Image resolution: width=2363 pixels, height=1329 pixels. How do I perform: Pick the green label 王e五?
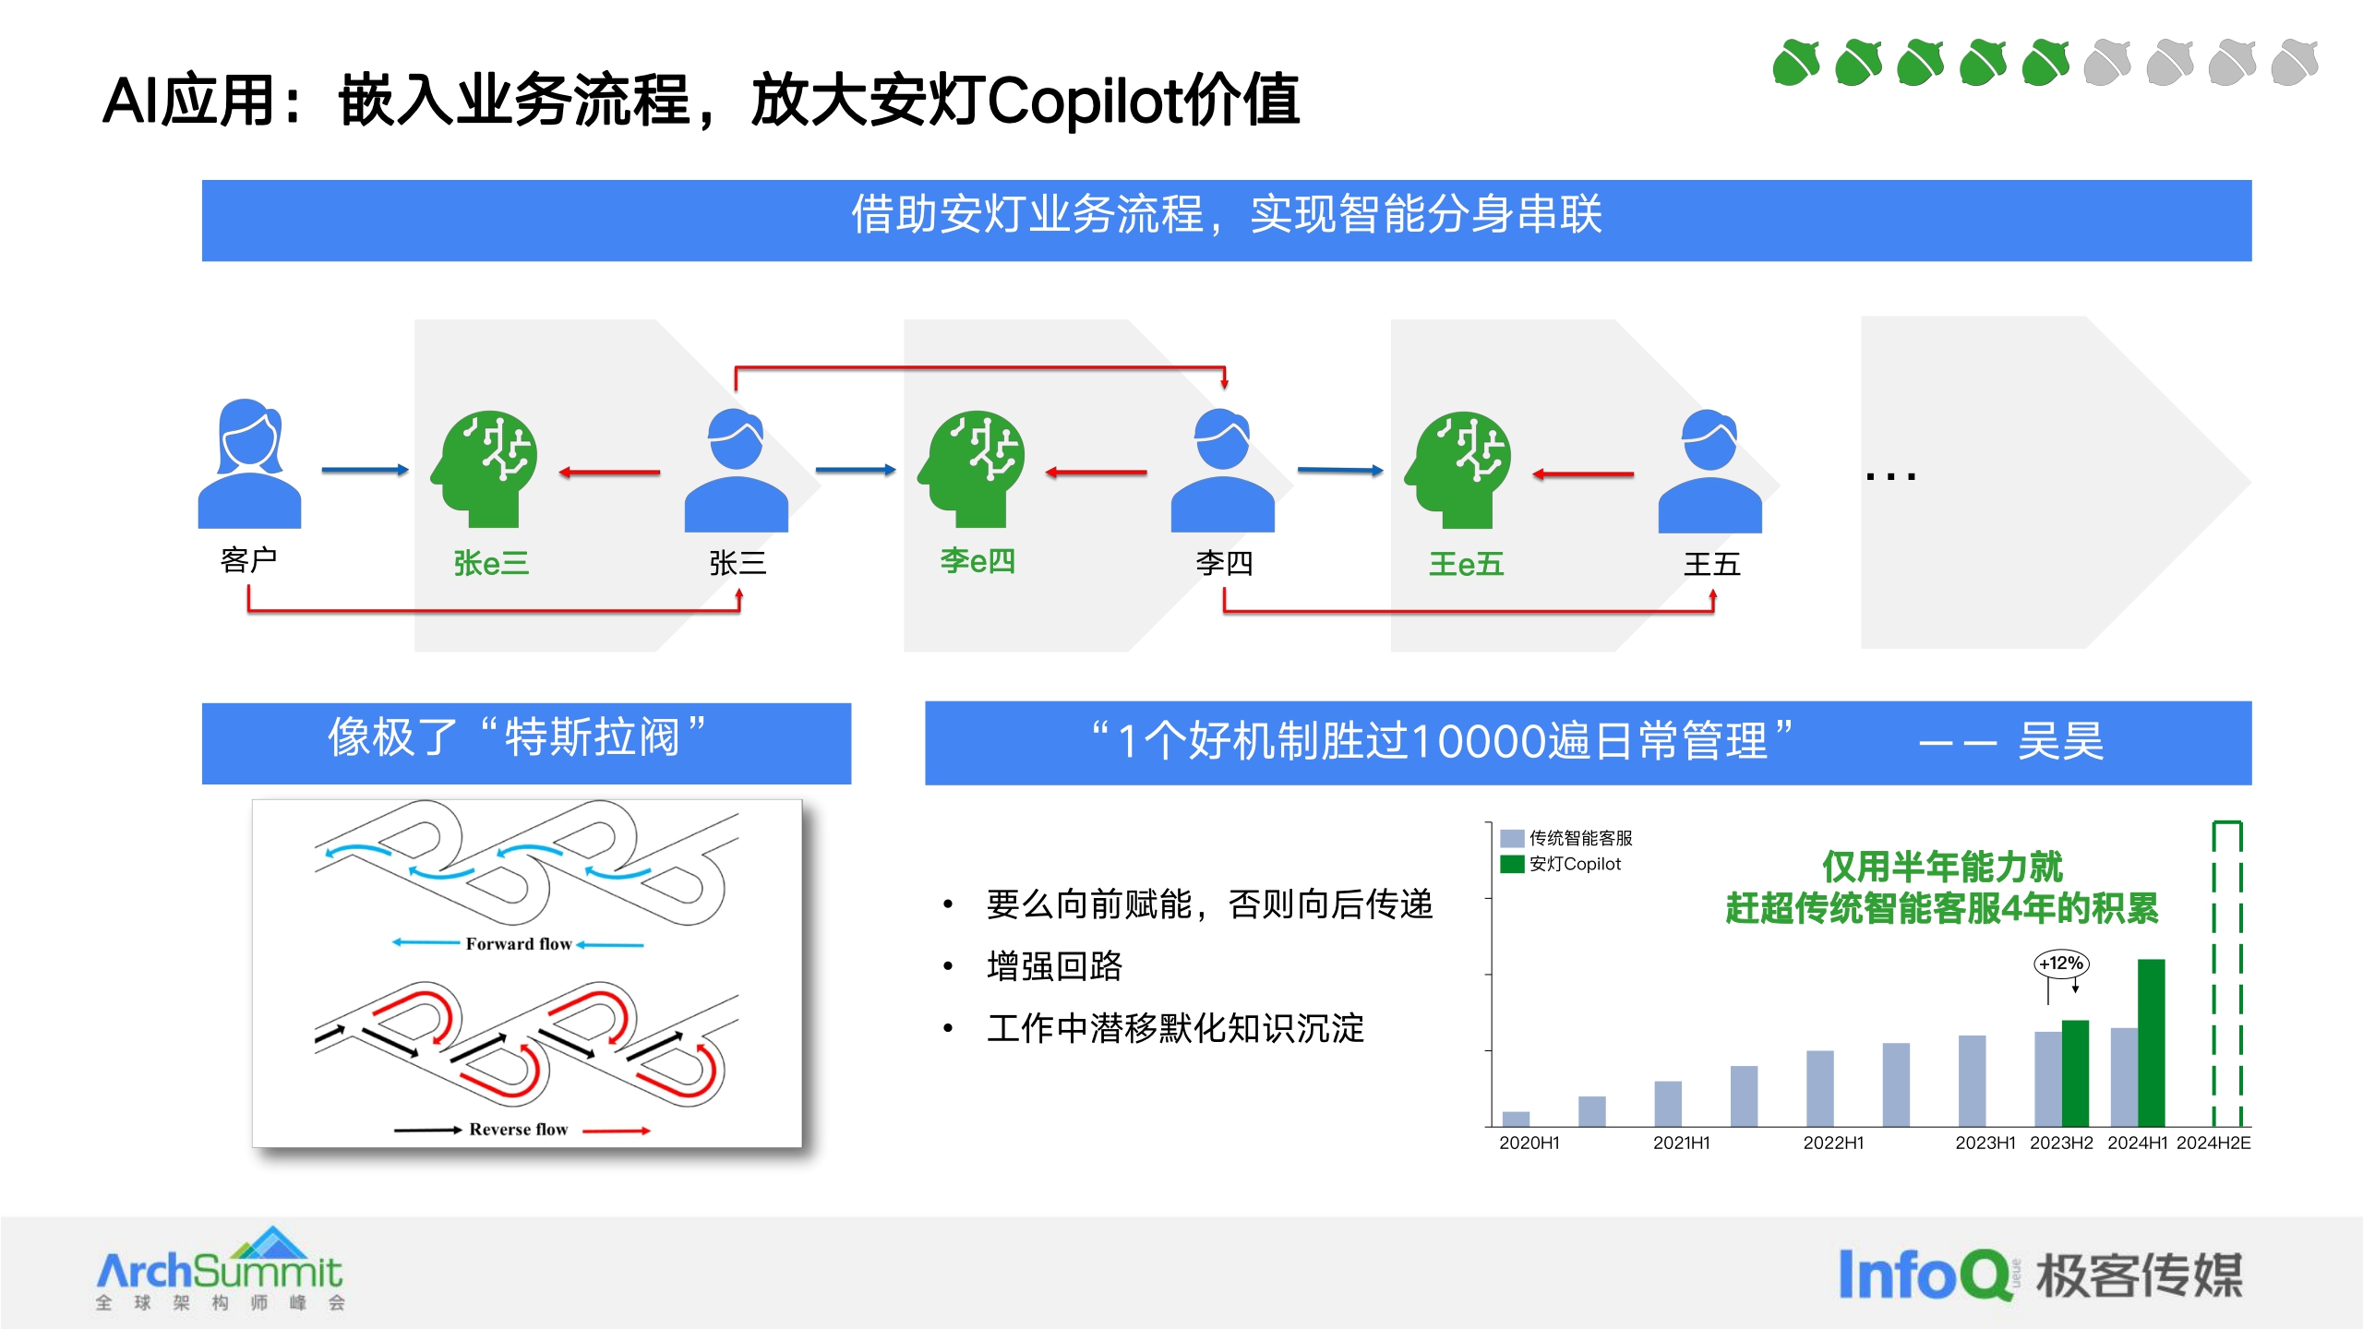click(1466, 564)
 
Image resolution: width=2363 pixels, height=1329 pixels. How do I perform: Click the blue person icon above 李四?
click(1222, 471)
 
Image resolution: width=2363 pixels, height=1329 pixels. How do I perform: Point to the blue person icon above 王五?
click(1709, 471)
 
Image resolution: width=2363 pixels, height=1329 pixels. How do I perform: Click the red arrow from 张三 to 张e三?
click(609, 473)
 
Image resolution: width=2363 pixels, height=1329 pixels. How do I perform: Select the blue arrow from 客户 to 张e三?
click(365, 470)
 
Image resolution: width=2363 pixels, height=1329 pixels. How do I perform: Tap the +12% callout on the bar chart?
click(2061, 964)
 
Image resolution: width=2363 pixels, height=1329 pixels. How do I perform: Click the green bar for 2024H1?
click(2151, 1043)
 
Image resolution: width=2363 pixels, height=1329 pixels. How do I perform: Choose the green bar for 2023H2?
click(2075, 1072)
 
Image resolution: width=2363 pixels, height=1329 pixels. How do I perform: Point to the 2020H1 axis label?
click(1529, 1143)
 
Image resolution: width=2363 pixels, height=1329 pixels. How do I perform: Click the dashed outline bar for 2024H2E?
click(2226, 974)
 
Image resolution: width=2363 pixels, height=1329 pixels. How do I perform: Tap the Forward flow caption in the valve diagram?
click(518, 943)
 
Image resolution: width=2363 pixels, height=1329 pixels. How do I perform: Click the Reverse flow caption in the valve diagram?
click(518, 1129)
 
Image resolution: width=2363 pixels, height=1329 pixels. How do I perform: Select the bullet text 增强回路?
click(1054, 966)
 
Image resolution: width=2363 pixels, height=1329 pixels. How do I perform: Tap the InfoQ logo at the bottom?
click(1925, 1275)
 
